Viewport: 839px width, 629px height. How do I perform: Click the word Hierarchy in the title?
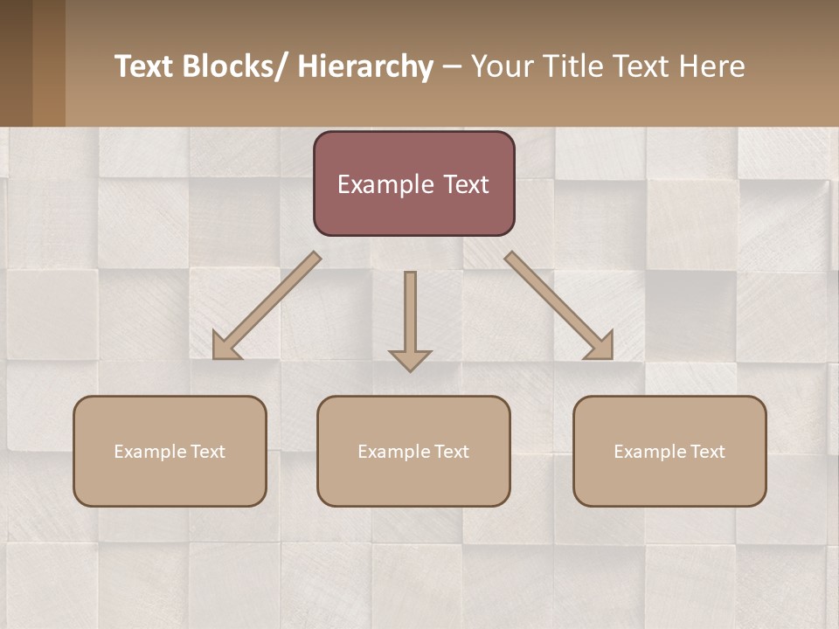[365, 66]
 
